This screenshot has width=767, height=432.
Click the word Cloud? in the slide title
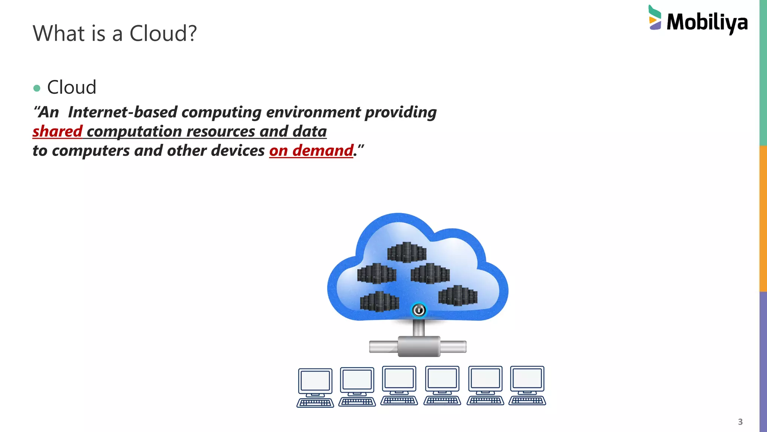[x=163, y=33]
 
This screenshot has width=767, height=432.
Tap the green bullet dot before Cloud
[x=37, y=88]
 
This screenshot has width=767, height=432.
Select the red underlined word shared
[x=57, y=132]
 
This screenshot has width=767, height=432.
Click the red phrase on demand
[x=311, y=151]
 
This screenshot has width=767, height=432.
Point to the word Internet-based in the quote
[x=122, y=112]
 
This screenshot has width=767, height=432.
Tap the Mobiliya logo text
[x=707, y=22]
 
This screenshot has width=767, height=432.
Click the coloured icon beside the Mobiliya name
[x=655, y=18]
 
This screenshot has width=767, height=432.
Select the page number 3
[x=740, y=422]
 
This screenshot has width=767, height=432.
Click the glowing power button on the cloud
[x=419, y=310]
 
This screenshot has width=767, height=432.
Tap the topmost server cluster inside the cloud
[x=407, y=252]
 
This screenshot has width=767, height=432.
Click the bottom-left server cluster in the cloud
[x=379, y=301]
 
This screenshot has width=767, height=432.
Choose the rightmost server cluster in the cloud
[x=458, y=295]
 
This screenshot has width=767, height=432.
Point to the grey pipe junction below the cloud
[x=419, y=346]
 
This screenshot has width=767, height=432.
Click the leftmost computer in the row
[x=315, y=388]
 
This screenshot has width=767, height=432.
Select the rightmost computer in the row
[x=527, y=386]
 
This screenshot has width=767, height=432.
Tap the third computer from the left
[x=399, y=386]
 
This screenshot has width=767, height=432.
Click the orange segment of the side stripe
[x=763, y=218]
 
